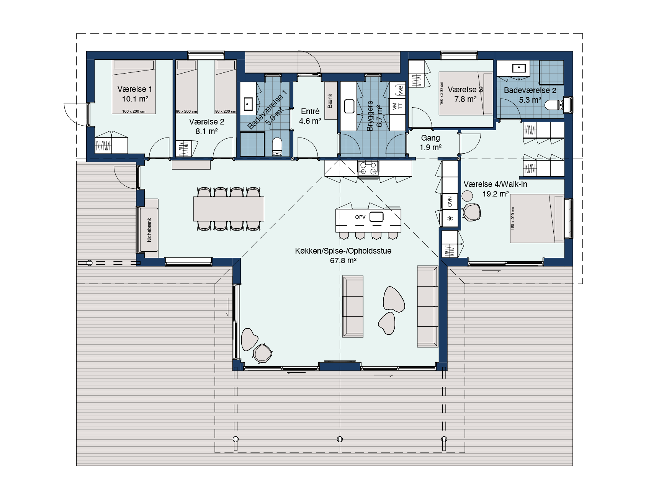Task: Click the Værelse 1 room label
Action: coord(135,89)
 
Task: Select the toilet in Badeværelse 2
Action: coord(554,105)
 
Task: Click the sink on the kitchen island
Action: coord(376,217)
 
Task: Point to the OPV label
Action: coord(360,217)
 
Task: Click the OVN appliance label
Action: coord(450,201)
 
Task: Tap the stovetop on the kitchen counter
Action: coord(368,168)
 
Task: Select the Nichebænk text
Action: coord(149,230)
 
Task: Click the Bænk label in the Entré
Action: coord(330,101)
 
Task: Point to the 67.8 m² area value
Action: coord(343,260)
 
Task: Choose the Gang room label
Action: coord(430,138)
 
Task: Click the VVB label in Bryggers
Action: coord(401,90)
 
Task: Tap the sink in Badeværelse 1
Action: coord(248,103)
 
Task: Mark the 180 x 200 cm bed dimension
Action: coord(513,218)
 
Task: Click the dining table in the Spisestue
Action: coord(229,209)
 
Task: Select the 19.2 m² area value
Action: coord(496,194)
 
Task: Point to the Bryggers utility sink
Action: coord(349,106)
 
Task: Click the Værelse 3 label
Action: coord(465,90)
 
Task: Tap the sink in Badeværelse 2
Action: coord(519,68)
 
